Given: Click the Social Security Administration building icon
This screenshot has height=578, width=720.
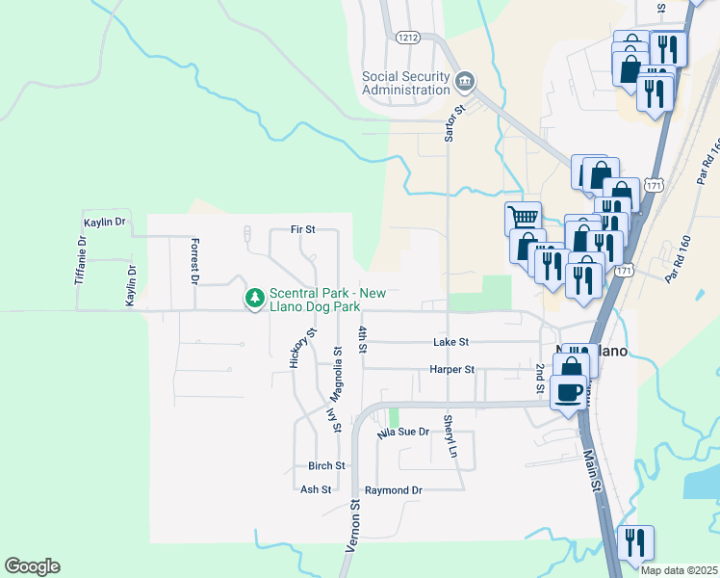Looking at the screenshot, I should tap(465, 79).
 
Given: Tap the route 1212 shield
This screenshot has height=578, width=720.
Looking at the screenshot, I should tap(408, 37).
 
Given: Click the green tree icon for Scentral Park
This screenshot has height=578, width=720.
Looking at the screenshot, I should tap(255, 300).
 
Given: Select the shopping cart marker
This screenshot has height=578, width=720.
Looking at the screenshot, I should tap(523, 218).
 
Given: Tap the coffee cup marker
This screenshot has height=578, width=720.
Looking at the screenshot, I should tap(569, 392).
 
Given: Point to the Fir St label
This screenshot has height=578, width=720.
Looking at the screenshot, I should tap(303, 230).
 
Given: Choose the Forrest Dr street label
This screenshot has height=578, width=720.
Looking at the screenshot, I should tap(193, 261).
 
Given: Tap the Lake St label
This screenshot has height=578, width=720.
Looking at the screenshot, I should tap(450, 342).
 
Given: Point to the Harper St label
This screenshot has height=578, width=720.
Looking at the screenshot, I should tap(451, 369).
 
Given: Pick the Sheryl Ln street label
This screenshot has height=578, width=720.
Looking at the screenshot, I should tap(449, 436).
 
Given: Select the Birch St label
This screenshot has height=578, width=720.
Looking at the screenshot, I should tap(320, 465).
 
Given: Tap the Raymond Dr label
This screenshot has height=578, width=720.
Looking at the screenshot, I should tap(393, 490).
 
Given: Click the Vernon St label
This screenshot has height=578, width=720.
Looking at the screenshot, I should tap(352, 526).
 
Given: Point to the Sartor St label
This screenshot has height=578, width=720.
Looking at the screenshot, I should tap(449, 123).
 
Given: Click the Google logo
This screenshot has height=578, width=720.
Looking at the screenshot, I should tap(32, 566).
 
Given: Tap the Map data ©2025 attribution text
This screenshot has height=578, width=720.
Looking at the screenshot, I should tap(679, 570).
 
